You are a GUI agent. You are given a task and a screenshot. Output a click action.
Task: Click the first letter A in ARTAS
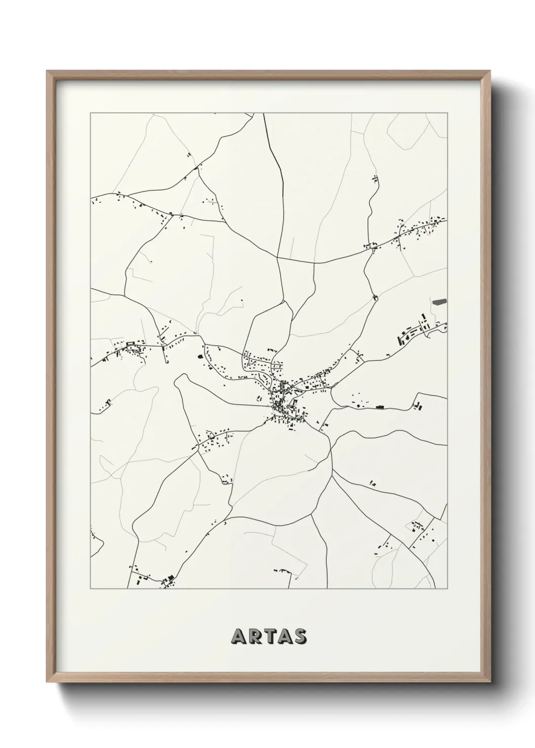click(x=238, y=637)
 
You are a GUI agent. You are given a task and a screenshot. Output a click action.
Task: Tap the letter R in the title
click(x=253, y=637)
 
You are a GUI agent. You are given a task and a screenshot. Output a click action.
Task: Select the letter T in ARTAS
click(x=268, y=637)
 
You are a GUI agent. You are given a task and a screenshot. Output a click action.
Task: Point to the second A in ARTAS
click(x=283, y=637)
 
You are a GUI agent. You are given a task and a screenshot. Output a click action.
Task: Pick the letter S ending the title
click(x=299, y=637)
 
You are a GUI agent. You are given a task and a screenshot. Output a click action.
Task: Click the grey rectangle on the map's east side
click(x=440, y=302)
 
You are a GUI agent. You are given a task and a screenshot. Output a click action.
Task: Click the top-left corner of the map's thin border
click(x=91, y=113)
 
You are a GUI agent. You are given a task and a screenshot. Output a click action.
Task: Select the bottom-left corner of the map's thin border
click(x=91, y=589)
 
